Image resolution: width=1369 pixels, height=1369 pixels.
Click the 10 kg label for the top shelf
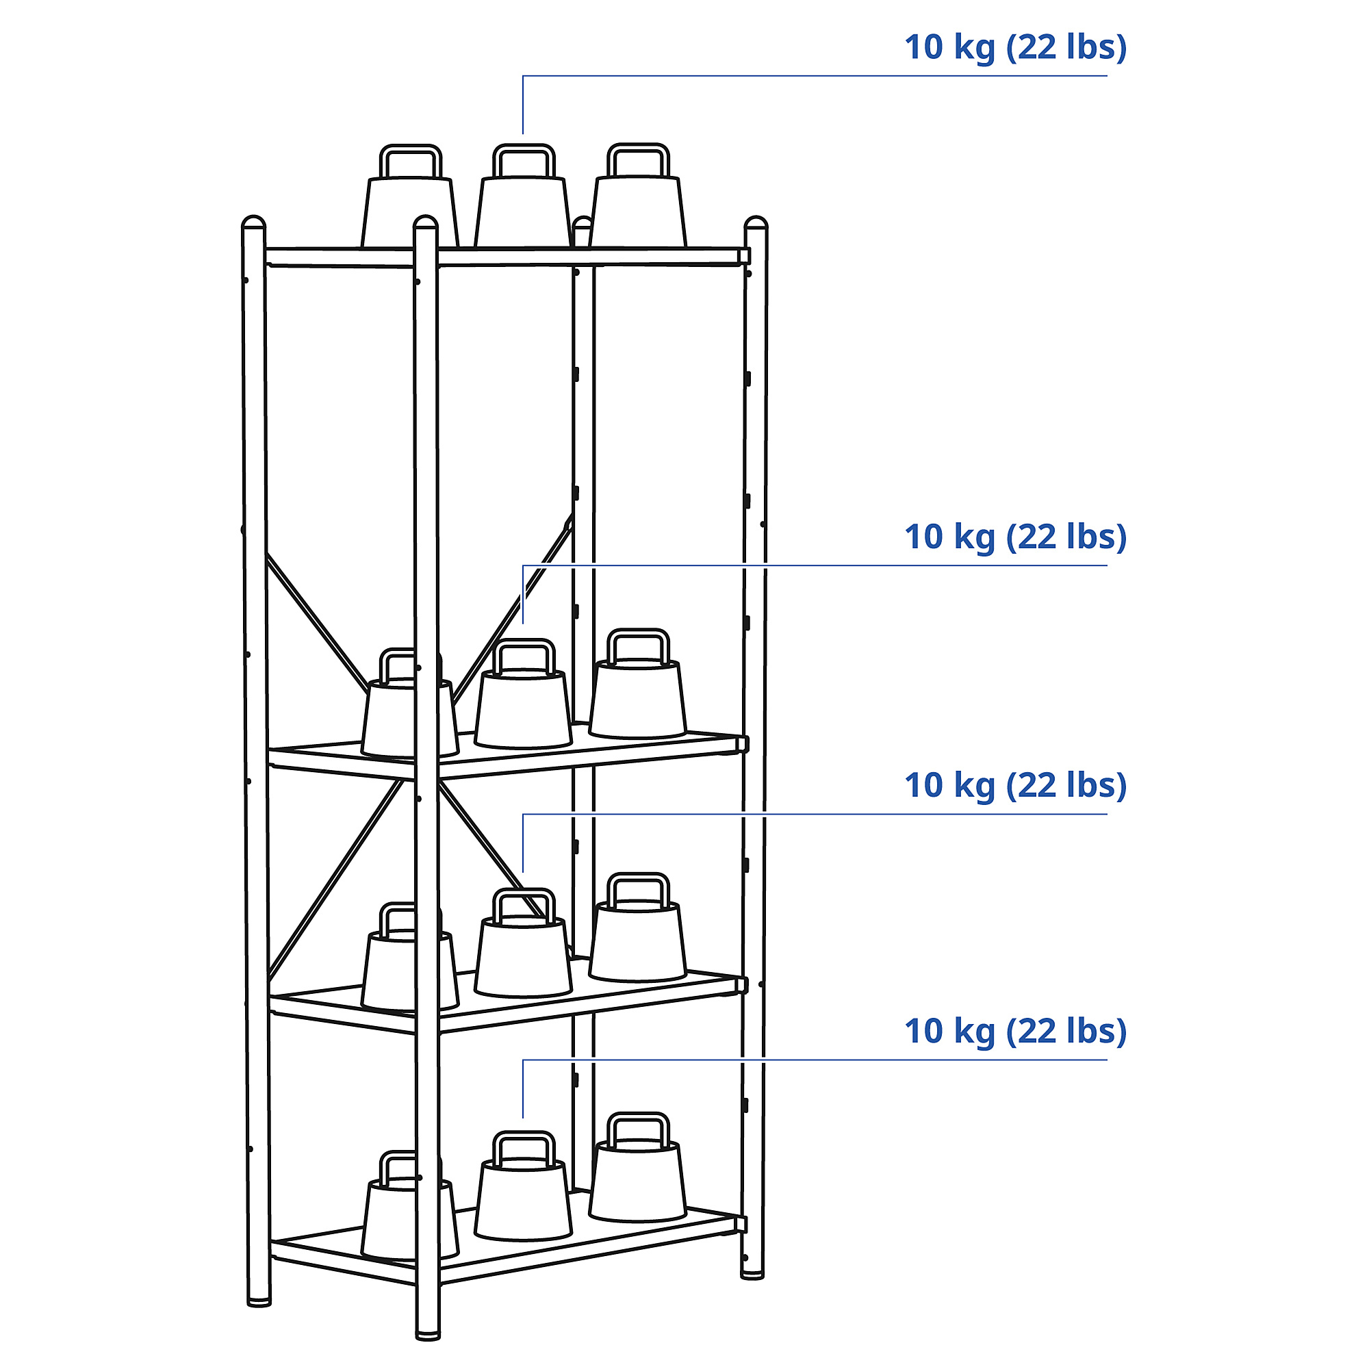pos(1014,48)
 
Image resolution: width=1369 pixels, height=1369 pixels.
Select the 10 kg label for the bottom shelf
pos(1014,1032)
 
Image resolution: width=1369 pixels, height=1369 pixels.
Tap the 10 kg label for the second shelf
pos(1014,538)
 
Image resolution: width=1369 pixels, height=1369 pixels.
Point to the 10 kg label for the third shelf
pos(1014,786)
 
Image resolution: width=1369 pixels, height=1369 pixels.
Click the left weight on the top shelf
pos(409,196)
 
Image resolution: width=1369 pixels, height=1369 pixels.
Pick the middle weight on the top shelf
pos(523,196)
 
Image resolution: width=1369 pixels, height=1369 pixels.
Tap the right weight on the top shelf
pos(638,196)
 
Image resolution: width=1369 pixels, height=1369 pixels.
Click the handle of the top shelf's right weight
pos(638,146)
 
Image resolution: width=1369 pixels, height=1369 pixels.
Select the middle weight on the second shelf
pos(523,693)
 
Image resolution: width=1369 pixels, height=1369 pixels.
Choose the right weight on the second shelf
pos(638,683)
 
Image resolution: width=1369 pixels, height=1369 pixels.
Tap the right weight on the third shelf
pos(638,927)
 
